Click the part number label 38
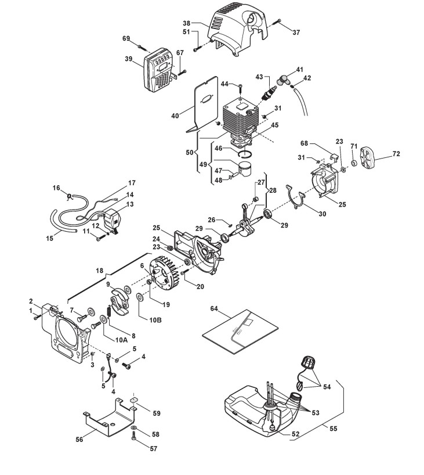click(x=186, y=23)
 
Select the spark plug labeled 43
click(x=269, y=92)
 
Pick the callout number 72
click(x=396, y=154)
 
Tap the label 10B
click(x=155, y=320)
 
